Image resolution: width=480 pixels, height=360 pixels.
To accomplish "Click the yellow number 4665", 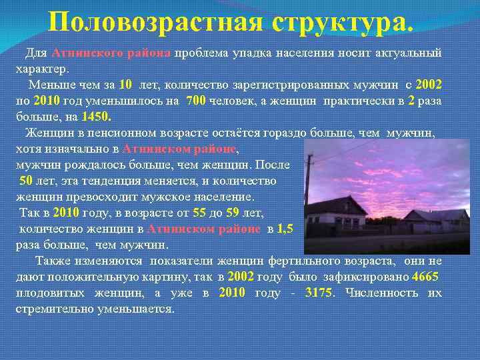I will (x=425, y=277).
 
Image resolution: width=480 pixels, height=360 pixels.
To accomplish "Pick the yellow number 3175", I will (x=317, y=293).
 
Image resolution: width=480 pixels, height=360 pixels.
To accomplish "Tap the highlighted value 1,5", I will (x=285, y=229).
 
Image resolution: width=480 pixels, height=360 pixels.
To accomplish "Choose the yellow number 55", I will (x=199, y=213).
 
